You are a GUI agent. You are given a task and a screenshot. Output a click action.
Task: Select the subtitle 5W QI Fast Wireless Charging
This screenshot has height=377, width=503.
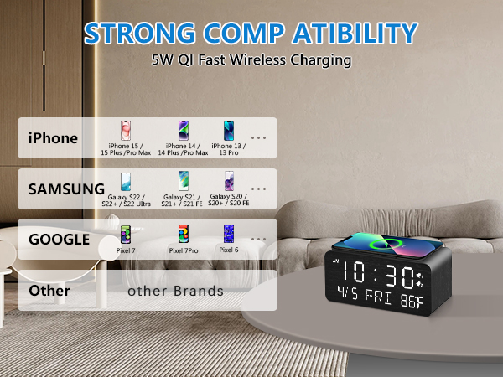click(x=251, y=60)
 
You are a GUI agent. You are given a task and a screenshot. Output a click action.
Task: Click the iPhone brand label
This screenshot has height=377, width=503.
click(x=53, y=138)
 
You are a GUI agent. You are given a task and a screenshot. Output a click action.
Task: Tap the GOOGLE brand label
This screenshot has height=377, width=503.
click(x=59, y=239)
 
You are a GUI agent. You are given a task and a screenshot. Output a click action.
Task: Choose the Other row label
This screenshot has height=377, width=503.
click(x=49, y=291)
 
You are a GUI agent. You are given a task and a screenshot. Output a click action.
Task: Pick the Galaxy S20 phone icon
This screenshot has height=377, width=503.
click(x=228, y=181)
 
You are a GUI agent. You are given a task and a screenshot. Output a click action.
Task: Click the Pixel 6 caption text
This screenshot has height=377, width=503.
click(x=229, y=250)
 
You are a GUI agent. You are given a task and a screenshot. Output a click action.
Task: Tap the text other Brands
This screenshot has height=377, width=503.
click(x=175, y=292)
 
